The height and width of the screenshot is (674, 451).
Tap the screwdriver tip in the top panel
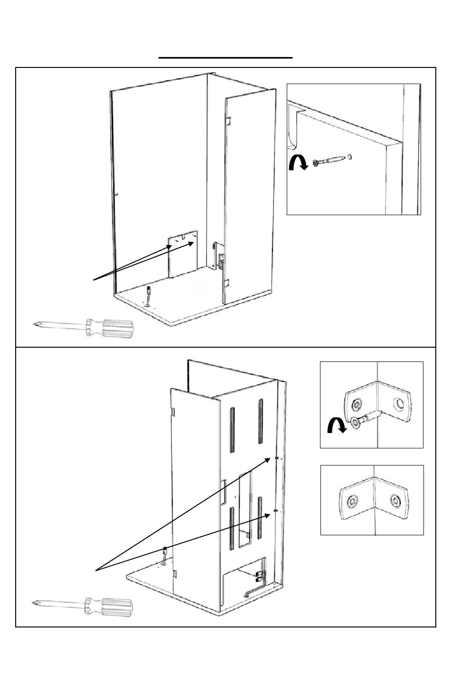[35, 324]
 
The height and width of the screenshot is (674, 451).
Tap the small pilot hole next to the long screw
[349, 156]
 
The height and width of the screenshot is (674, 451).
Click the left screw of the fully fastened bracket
[352, 501]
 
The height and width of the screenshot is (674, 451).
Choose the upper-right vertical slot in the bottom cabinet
[260, 421]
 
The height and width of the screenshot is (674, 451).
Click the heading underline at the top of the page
[225, 57]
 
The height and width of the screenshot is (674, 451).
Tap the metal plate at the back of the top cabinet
[183, 254]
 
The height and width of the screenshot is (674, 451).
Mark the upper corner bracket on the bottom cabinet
[276, 458]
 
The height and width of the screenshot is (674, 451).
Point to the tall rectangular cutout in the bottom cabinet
[245, 511]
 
